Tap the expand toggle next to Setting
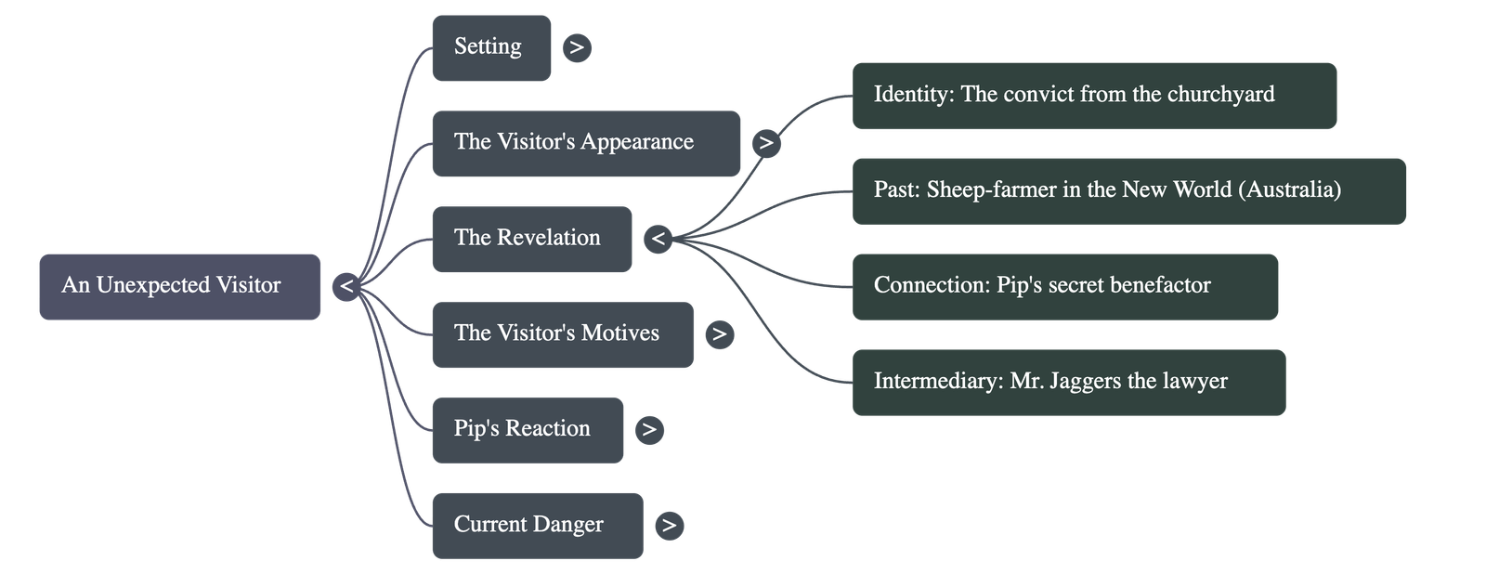click(x=577, y=47)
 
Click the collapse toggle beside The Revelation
click(x=658, y=239)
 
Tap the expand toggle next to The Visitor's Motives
click(x=719, y=334)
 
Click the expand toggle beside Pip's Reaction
click(x=649, y=430)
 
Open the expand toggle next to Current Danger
click(x=669, y=526)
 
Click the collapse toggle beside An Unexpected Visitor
click(x=346, y=286)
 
